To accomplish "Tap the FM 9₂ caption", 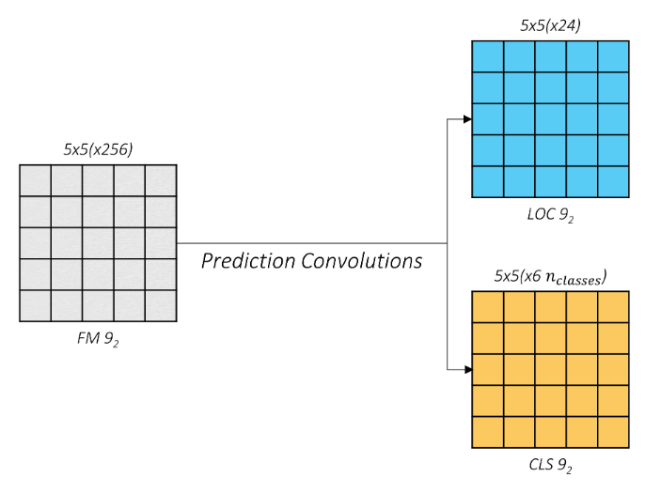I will pos(98,338).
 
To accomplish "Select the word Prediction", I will pos(247,261).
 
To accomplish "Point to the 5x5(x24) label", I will pos(551,26).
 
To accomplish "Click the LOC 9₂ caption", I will pos(551,215).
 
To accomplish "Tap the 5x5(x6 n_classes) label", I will pos(551,277).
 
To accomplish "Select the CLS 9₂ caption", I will pos(551,466).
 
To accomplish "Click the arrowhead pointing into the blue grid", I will pos(467,119).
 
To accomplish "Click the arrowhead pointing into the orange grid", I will pos(467,371).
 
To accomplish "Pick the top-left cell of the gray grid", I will pos(35,180).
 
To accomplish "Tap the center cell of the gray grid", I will pos(98,243).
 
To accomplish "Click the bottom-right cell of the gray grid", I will pos(161,306).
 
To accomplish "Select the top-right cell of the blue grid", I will pos(613,56).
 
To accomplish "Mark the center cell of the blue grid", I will pos(551,119).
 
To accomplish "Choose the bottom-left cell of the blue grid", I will pos(488,181).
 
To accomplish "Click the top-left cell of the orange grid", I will pos(488,308).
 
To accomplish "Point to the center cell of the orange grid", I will pos(551,371).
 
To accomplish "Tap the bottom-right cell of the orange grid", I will pos(613,433).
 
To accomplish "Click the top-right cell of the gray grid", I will pos(161,180).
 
